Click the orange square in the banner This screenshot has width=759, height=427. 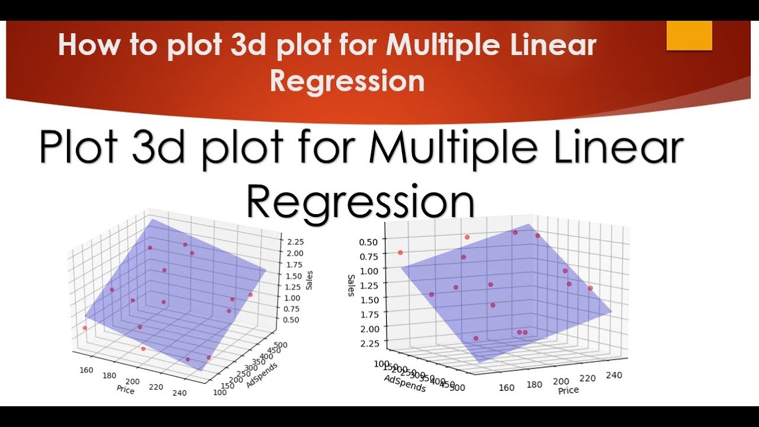coord(689,35)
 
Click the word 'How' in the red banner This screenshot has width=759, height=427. coord(82,46)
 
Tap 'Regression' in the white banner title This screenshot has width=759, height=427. coord(347,81)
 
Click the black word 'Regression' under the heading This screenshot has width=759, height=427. coord(361,202)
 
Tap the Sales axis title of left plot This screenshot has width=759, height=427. coord(310,280)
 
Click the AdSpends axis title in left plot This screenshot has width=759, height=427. coord(261,373)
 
